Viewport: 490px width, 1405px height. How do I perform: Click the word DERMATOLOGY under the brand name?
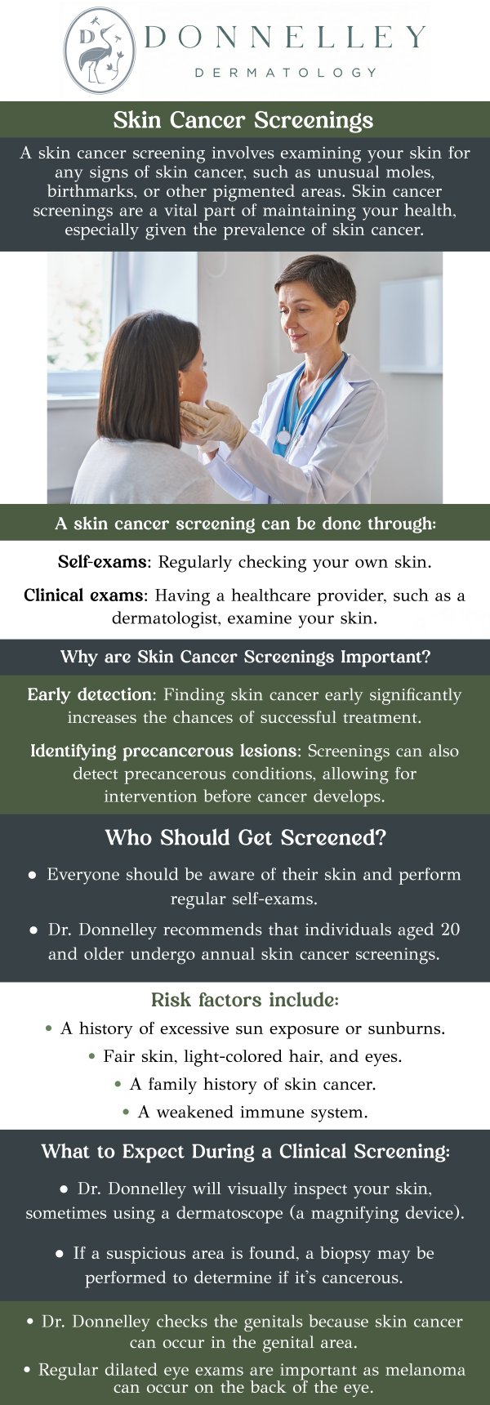tap(286, 73)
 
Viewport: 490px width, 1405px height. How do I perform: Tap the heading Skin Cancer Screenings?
tap(243, 120)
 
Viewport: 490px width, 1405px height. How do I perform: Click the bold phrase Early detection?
tap(90, 695)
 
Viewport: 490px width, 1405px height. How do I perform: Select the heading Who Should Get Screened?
tap(245, 838)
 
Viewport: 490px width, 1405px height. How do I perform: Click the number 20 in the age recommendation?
tap(450, 930)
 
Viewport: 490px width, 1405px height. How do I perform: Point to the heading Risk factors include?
tap(244, 1000)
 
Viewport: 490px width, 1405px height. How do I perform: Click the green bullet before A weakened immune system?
tap(127, 1113)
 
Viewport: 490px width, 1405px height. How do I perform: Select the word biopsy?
tap(350, 1253)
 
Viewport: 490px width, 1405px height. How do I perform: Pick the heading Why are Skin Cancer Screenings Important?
tap(245, 657)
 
